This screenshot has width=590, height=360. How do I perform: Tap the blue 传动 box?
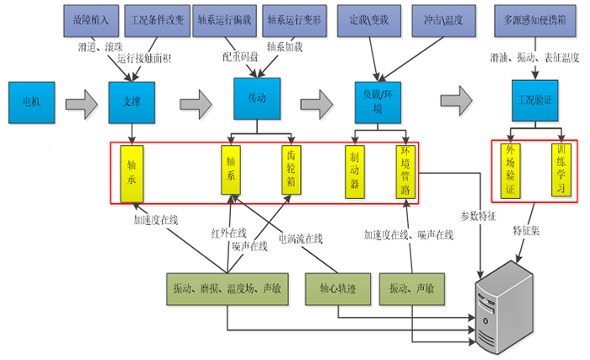point(257,98)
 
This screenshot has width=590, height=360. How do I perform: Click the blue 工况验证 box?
point(534,99)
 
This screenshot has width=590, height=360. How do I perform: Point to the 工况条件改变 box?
point(156,19)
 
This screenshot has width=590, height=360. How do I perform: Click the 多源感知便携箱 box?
point(534,19)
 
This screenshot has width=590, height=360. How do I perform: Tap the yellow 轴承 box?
point(131,172)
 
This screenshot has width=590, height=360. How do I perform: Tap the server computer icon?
point(509,309)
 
